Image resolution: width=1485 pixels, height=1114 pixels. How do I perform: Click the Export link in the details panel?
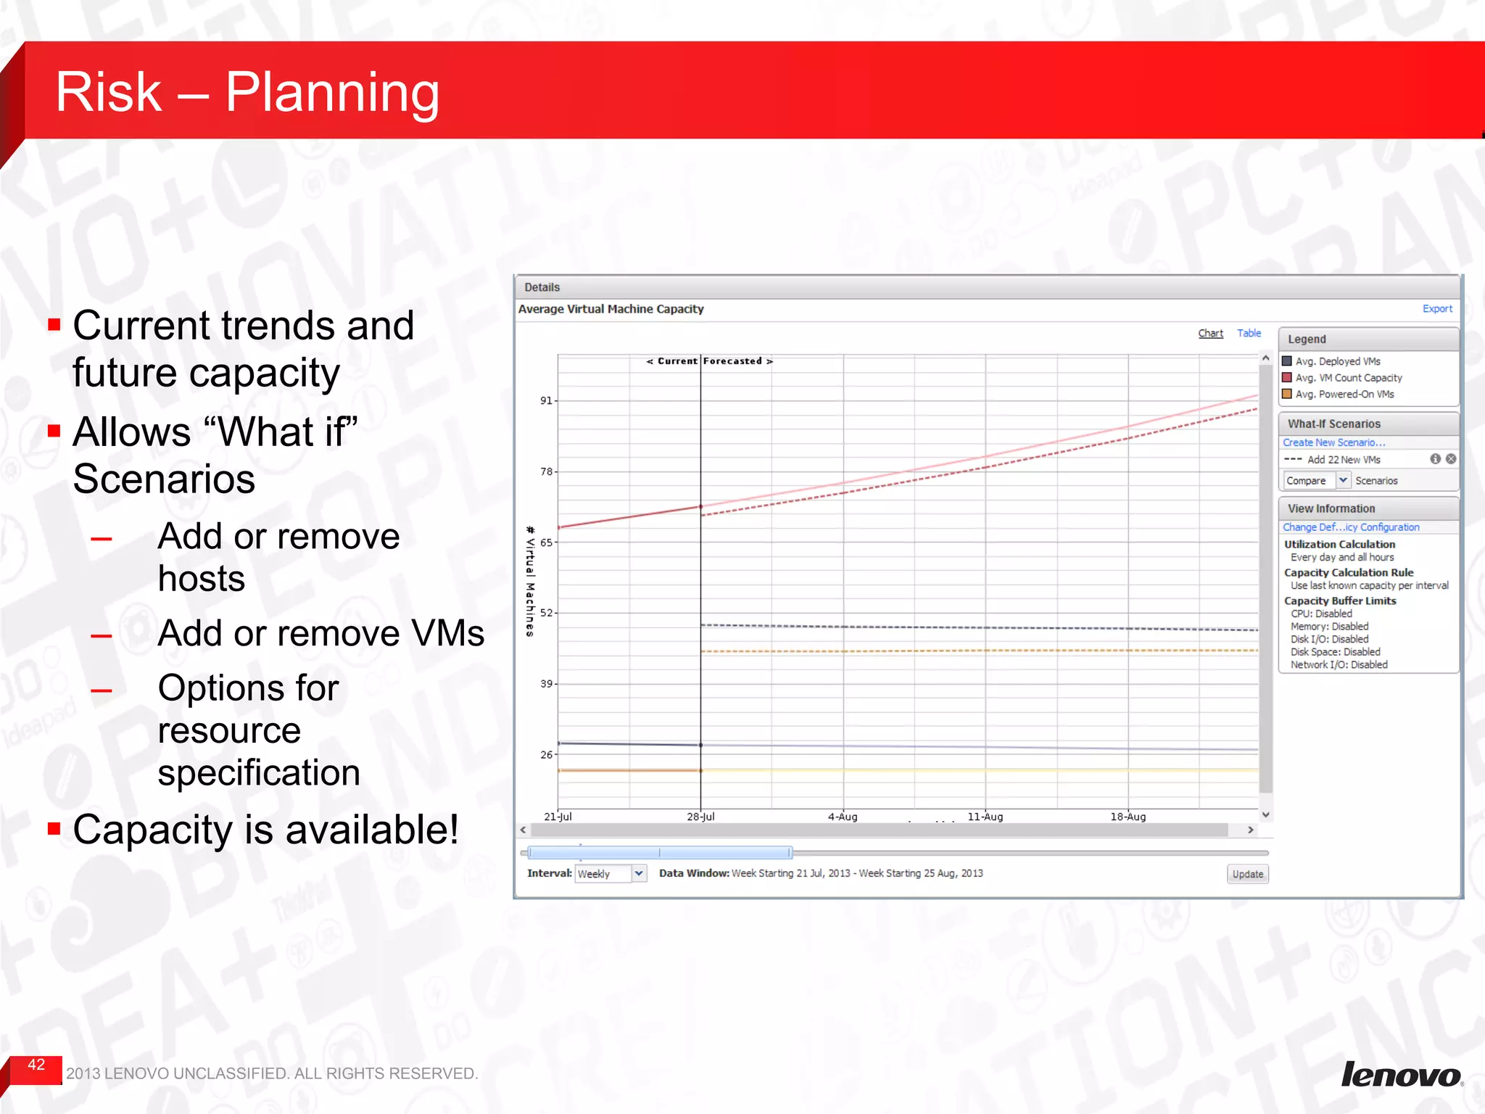(1436, 309)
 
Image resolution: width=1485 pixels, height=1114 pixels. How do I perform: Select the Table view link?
(1249, 334)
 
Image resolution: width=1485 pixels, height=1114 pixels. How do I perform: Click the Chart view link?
(1210, 334)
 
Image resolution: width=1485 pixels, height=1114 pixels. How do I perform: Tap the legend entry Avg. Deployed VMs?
(1337, 361)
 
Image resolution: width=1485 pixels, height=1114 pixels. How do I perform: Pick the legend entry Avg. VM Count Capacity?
(1348, 378)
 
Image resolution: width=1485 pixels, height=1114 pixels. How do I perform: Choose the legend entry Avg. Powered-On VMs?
(1344, 395)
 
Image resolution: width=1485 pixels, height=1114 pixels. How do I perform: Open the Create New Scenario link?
(1333, 442)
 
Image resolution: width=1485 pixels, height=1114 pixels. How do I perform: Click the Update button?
(1247, 874)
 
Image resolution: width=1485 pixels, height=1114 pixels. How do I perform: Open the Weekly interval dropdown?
(639, 874)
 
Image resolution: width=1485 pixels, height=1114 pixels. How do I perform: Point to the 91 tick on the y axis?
(546, 401)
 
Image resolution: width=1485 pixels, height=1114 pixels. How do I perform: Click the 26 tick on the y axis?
(546, 755)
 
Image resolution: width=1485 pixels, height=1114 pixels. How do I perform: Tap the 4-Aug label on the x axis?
(843, 817)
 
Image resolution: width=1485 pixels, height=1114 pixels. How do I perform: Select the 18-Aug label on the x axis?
(1128, 817)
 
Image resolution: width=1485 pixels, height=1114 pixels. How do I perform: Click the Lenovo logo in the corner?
(1401, 1074)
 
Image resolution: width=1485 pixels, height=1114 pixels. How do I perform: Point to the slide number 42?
(36, 1065)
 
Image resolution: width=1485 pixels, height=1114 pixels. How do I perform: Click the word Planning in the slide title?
(332, 93)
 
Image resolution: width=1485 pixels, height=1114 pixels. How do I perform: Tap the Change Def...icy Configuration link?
(1350, 527)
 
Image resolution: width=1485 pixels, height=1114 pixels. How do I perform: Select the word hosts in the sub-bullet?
(202, 579)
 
